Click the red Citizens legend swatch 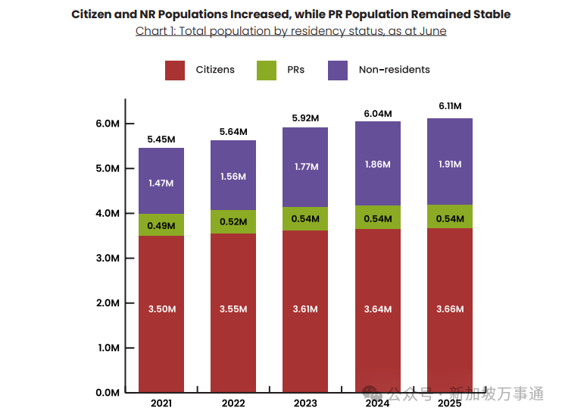tap(175, 70)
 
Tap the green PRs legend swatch tap(267, 70)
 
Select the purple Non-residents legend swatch tap(338, 70)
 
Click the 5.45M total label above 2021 tap(161, 140)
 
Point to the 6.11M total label tap(450, 106)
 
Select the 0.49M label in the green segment tap(161, 224)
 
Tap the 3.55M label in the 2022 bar tap(233, 309)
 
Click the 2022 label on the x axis tap(233, 403)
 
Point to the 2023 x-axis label tap(305, 403)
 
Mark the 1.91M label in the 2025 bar tap(450, 164)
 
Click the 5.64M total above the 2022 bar tap(233, 131)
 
